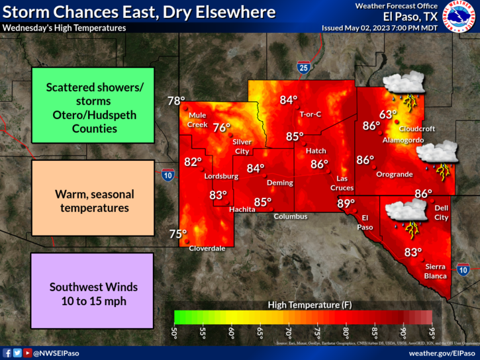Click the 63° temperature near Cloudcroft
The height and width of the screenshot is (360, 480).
(x=388, y=113)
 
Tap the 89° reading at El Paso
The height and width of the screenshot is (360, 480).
(x=346, y=204)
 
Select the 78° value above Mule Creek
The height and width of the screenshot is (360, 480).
(x=176, y=101)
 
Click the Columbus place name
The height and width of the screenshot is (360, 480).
(x=291, y=216)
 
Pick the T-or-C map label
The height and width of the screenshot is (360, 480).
(x=310, y=114)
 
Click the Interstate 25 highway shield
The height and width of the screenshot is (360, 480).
(x=303, y=66)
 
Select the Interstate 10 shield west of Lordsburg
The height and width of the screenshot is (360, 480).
(x=168, y=175)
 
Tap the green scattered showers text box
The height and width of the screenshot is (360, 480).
(x=92, y=105)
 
